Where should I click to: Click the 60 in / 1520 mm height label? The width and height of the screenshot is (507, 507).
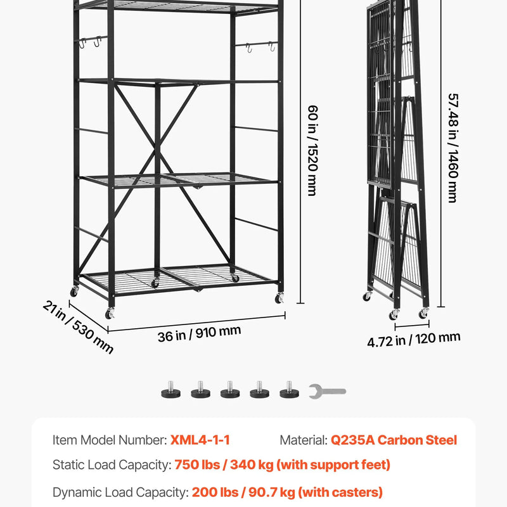tap(312, 151)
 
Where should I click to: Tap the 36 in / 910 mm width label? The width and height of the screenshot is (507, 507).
tap(199, 334)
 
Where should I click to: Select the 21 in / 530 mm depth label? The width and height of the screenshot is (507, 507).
tap(78, 327)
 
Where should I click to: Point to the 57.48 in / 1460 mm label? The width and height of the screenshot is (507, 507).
tap(453, 148)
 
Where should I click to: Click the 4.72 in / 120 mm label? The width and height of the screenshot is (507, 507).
tap(414, 340)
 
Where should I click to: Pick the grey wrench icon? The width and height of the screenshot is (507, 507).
tap(327, 392)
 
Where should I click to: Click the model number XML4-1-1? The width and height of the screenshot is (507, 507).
tap(200, 440)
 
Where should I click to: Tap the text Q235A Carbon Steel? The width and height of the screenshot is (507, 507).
tap(394, 440)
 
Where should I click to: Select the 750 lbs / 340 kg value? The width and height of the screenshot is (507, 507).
tap(224, 465)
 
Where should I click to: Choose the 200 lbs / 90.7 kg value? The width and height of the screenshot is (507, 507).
tap(243, 492)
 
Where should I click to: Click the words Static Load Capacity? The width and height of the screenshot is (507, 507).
tap(112, 465)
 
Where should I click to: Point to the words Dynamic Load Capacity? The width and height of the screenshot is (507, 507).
tap(120, 492)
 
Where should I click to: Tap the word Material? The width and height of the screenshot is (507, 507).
tap(304, 440)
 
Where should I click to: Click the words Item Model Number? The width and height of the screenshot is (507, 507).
tap(109, 440)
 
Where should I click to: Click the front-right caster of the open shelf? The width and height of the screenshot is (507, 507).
tap(279, 298)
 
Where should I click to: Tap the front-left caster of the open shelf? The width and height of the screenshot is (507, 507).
tap(110, 313)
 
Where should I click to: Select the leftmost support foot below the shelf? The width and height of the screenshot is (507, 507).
tap(170, 390)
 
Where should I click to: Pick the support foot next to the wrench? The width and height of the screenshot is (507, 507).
tap(289, 390)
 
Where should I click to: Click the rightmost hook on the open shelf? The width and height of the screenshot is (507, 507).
tap(272, 46)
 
